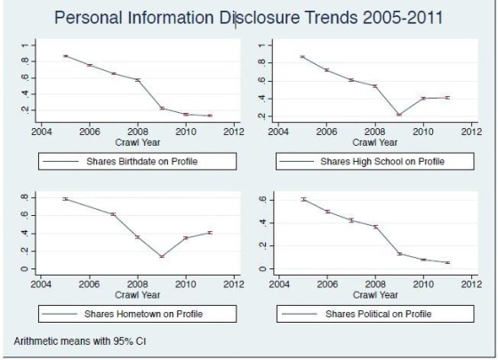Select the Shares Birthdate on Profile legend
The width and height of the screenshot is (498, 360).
pyautogui.click(x=136, y=161)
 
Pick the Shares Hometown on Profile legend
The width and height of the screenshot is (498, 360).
pyautogui.click(x=136, y=314)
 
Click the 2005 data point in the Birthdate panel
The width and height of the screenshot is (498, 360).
pyautogui.click(x=65, y=56)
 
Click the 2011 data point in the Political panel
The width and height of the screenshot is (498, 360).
pyautogui.click(x=447, y=263)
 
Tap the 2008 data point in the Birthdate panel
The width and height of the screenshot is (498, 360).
pyautogui.click(x=138, y=80)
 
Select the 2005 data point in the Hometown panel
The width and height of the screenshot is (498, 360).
pyautogui.click(x=65, y=199)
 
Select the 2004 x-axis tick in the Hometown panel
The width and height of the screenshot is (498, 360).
pyautogui.click(x=41, y=284)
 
